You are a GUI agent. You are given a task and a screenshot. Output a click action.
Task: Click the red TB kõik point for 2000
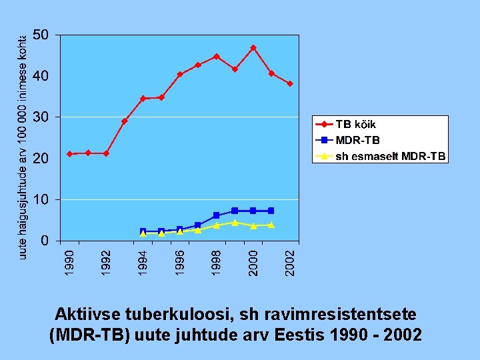coord(253,48)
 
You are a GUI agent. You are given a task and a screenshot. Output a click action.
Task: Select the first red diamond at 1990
coord(70,154)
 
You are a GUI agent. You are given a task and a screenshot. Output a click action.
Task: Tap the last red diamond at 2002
coord(290,84)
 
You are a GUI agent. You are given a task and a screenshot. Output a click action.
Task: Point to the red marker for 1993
coord(125,121)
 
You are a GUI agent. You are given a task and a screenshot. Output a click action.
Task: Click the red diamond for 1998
coord(217,57)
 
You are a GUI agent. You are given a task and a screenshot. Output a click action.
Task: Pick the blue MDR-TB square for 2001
coord(271,211)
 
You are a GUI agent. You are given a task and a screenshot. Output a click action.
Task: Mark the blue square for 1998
coord(217,215)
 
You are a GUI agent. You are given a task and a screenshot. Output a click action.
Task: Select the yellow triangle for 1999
coord(235,223)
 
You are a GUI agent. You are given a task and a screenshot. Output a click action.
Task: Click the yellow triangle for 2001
coord(271,225)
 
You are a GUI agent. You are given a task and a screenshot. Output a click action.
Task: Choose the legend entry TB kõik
coord(355,124)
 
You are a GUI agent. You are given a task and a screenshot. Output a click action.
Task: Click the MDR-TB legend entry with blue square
coord(357,140)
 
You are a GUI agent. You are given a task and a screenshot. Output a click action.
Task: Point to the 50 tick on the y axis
coord(40,35)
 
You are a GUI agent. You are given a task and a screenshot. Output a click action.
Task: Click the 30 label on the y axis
coord(40,117)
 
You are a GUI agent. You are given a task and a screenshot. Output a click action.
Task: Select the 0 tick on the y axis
coord(45,241)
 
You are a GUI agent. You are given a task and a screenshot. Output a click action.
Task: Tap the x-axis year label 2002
coord(290,261)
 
